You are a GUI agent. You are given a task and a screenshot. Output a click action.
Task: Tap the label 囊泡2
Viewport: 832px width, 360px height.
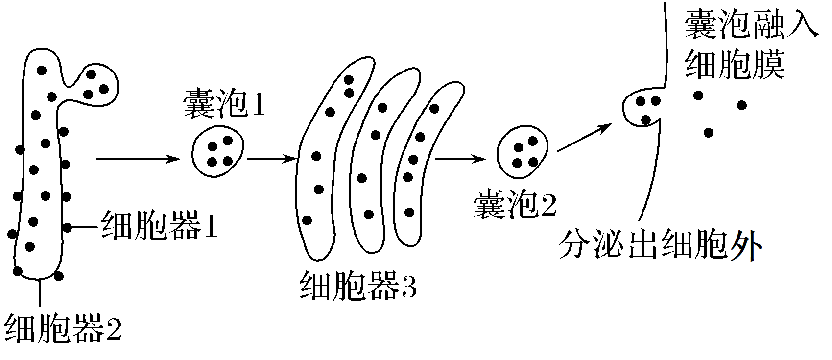click(x=514, y=206)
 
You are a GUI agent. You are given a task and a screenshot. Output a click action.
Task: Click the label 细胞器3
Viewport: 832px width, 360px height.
click(x=358, y=286)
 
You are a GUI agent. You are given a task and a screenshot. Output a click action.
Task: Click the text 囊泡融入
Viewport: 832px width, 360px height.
click(x=751, y=24)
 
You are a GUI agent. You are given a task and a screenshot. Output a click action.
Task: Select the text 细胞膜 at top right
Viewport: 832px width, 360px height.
click(x=735, y=65)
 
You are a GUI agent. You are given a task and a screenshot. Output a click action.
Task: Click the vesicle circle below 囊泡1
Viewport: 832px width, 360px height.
click(x=218, y=152)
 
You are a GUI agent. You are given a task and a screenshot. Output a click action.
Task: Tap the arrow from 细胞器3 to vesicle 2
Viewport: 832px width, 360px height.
click(x=460, y=159)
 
